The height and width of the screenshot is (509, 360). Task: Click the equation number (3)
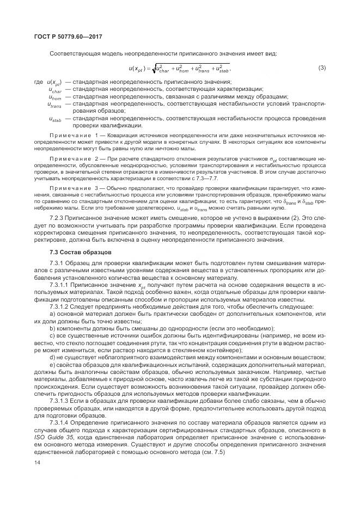[x=321, y=68]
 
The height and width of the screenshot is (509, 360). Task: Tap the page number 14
[x=36, y=462]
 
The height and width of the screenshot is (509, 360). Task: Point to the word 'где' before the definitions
[x=39, y=82]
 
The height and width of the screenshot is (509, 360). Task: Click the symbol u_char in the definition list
[x=54, y=90]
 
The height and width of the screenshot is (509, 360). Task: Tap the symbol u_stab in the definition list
[x=54, y=119]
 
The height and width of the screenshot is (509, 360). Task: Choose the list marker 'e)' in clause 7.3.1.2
[x=52, y=364]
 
